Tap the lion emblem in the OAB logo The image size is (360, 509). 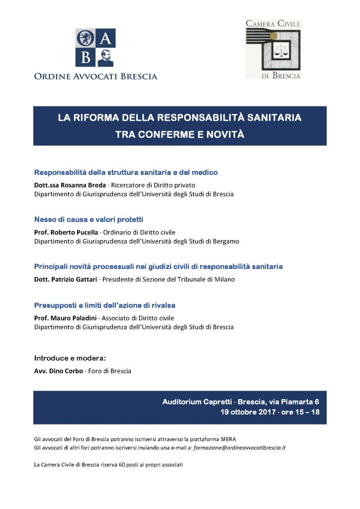(x=85, y=38)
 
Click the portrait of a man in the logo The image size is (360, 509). (x=106, y=57)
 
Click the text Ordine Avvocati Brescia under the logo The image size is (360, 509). (x=95, y=77)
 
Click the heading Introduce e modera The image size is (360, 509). (x=70, y=358)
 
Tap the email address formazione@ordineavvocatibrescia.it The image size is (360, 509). (x=238, y=447)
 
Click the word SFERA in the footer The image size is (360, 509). (x=227, y=438)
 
